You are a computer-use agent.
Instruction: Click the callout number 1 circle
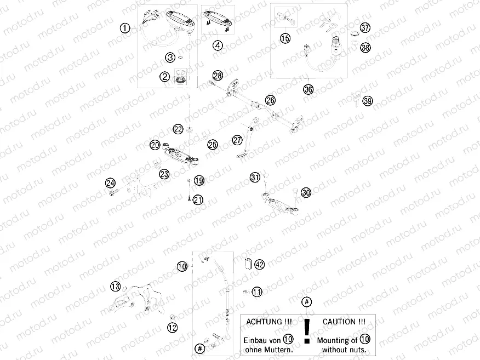(x=125, y=28)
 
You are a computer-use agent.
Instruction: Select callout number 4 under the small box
(x=218, y=45)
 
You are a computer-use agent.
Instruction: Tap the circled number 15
(x=285, y=38)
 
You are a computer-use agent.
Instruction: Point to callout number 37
(x=365, y=28)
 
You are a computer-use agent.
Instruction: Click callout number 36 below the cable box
(x=308, y=88)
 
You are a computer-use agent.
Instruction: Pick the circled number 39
(x=367, y=101)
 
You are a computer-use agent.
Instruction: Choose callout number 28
(x=218, y=76)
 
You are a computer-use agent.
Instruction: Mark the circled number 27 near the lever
(x=237, y=140)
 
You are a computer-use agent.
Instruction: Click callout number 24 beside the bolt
(x=110, y=182)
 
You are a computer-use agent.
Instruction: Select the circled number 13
(x=115, y=287)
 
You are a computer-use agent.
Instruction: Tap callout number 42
(x=259, y=265)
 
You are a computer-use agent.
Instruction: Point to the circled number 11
(x=257, y=292)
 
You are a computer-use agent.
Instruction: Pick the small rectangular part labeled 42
(x=247, y=263)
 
